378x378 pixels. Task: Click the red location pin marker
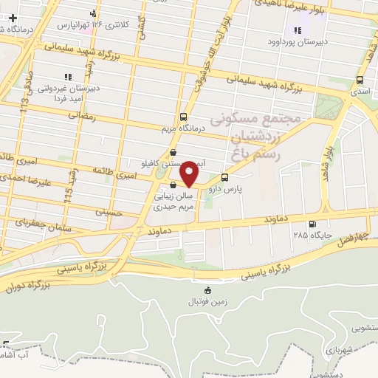(190, 174)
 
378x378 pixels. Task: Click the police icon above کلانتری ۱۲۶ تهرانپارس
(93, 13)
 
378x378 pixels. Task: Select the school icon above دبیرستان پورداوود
(298, 30)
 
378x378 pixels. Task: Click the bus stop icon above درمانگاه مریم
(183, 117)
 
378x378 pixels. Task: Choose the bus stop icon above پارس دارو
(225, 177)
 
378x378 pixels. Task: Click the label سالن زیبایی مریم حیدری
(173, 202)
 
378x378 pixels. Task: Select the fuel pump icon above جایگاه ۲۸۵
(311, 224)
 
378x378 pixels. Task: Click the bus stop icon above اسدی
(360, 80)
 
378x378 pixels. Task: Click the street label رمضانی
(81, 116)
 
